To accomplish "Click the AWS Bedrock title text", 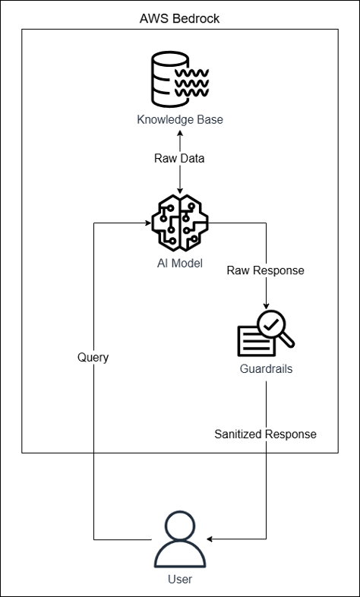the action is [179, 18].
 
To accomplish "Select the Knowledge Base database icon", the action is [179, 80].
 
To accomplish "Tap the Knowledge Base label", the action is [179, 119].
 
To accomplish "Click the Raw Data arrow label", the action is [179, 159].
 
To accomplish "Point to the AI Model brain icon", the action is [180, 223].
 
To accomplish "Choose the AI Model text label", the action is [180, 263].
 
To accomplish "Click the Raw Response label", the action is [265, 270].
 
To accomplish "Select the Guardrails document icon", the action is [266, 333].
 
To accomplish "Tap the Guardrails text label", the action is [266, 369].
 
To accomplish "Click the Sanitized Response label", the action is [265, 434].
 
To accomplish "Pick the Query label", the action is [93, 358].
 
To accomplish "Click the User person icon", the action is [180, 539].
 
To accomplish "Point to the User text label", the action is [180, 579].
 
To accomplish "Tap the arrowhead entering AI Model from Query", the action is [148, 223].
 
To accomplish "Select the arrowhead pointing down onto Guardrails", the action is [266, 306].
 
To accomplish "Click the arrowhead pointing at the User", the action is [210, 539].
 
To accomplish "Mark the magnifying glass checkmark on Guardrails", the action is [271, 325].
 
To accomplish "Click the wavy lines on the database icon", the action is [191, 83].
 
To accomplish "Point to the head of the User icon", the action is [180, 525].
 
